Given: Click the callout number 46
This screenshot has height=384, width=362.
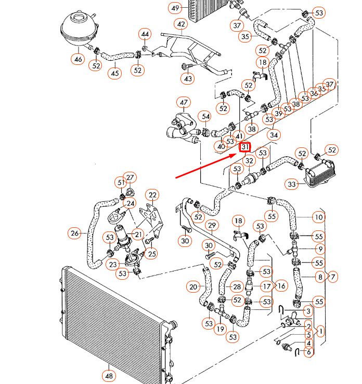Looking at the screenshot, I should pos(78,59).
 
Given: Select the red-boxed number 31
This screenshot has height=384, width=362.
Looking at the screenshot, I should pos(245,147).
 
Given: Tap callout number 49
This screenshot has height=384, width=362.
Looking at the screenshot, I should pos(175,8).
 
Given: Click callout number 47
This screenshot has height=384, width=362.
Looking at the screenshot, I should pos(183,102).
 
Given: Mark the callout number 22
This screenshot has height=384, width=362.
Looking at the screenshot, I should pos(152,195).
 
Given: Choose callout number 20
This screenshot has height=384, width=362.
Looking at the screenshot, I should pos(193,286).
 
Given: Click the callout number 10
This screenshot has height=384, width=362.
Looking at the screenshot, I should pos(318,217).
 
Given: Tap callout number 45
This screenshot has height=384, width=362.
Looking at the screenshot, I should pos(115,73).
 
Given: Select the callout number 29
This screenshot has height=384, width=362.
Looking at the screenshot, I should pos(211,225).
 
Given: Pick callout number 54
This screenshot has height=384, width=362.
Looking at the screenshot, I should pos(205,117).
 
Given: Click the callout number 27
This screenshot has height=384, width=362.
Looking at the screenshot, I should pos(130,177).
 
